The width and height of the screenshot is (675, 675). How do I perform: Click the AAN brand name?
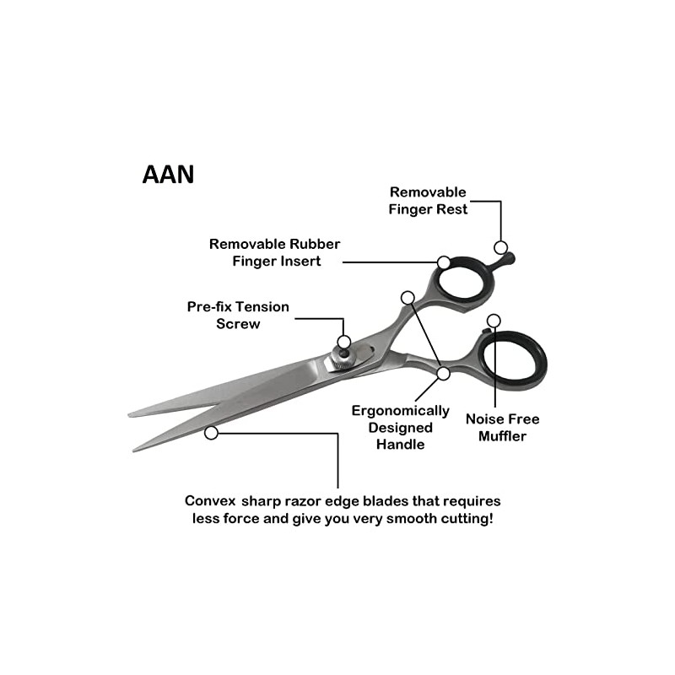coord(168,174)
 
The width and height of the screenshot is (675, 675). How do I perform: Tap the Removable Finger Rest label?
coord(428,201)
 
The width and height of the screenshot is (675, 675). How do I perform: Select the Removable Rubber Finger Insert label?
coord(275,252)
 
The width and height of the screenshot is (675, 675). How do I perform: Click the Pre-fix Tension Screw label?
coord(238,315)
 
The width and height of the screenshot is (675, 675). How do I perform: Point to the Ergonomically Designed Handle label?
coord(400,427)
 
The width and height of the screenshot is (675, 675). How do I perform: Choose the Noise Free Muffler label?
coord(502,427)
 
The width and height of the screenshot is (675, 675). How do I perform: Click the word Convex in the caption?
coord(208,500)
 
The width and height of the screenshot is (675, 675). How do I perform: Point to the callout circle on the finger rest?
coord(500,247)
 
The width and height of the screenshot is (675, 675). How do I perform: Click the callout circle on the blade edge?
coord(211,433)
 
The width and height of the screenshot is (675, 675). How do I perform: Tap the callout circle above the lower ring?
coord(494,321)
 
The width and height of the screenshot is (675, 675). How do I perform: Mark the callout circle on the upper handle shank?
coord(408,297)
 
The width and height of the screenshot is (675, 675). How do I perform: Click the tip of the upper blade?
coord(131,414)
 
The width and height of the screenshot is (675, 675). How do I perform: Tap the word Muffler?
coord(502,436)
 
